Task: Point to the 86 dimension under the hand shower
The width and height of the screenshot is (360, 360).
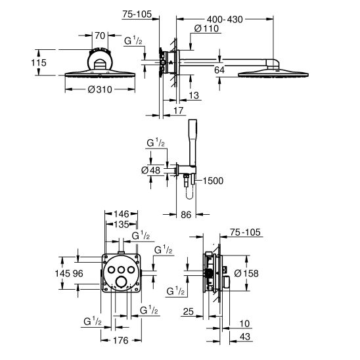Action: click(186, 214)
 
